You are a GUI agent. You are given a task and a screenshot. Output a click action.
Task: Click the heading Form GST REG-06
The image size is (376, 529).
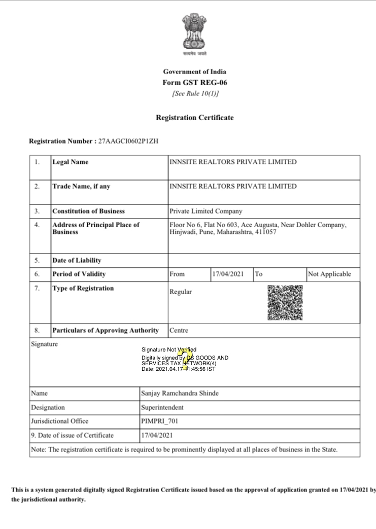(195, 83)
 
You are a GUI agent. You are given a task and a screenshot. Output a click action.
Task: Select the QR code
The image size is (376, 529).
(285, 302)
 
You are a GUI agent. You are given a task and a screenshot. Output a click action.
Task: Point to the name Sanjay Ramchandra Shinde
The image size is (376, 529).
(180, 394)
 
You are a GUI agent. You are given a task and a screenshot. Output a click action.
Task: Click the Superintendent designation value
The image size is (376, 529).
(162, 407)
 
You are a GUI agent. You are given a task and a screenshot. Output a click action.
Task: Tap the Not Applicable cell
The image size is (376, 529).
(329, 274)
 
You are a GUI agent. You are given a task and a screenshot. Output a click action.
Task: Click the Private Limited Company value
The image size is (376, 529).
(206, 211)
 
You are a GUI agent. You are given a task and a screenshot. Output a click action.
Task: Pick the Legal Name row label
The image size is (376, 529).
(70, 162)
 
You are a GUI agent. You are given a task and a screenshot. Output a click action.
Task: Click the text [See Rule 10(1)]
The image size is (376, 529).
(195, 94)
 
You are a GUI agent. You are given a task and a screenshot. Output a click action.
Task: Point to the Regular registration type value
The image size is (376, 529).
(181, 292)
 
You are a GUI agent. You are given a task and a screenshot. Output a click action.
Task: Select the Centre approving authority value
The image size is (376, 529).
(179, 331)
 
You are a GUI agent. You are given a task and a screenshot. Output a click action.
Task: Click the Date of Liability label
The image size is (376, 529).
(77, 261)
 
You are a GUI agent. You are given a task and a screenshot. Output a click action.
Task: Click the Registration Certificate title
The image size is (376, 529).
(195, 118)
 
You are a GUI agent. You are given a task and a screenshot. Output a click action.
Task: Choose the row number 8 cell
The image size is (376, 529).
(37, 331)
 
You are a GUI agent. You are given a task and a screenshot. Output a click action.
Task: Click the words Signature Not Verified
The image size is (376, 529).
(169, 350)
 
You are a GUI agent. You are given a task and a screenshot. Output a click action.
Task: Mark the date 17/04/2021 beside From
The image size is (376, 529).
(228, 274)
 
